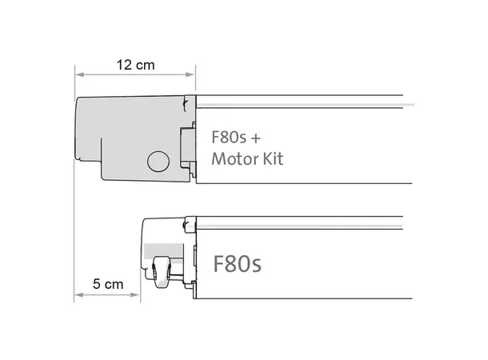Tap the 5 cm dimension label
(108, 283)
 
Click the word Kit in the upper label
(270, 158)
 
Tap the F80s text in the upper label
(229, 136)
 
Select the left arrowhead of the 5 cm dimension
(78, 295)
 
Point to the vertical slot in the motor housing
(102, 156)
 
